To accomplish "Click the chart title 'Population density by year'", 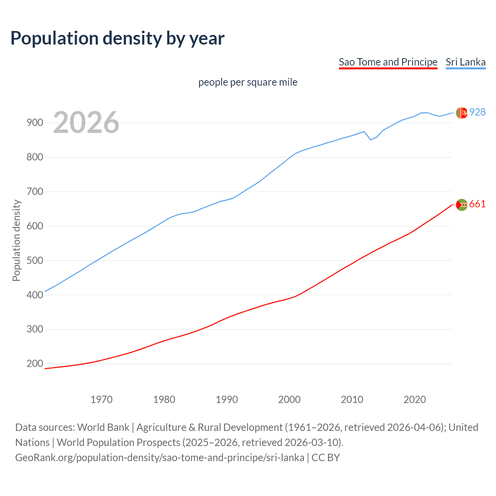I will point(117,38).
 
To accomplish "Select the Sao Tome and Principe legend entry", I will point(388,62).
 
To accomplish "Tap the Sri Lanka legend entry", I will point(465,62).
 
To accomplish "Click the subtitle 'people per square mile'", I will point(248,82).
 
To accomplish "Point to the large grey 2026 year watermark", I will point(86,122).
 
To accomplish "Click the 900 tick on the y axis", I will point(35,123).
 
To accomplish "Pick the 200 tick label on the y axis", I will point(35,363).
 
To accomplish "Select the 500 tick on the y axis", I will point(35,260).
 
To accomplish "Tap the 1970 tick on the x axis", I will point(102,400).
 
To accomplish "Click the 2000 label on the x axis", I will point(289,400).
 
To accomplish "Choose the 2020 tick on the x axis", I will point(415,400).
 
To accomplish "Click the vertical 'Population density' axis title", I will point(16,240).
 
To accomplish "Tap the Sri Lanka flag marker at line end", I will point(462,113).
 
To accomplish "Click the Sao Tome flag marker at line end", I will point(462,205).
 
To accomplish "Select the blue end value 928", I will point(477,112).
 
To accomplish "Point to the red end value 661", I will point(477,204).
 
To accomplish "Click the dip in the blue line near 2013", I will point(370,139).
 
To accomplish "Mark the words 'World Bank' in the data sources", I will point(103,427).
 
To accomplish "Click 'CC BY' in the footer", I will point(325,458).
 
